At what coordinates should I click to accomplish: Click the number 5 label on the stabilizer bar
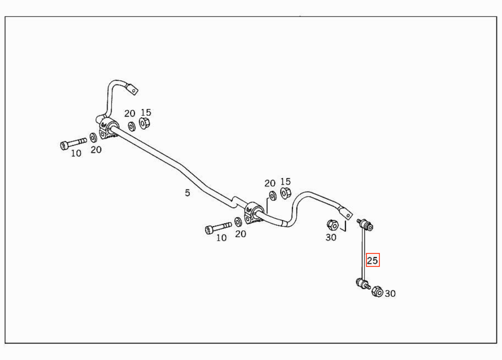[187, 193]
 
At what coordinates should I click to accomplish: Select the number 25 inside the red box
[372, 260]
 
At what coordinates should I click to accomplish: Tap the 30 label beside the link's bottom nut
[390, 294]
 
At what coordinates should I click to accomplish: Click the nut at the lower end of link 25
[377, 292]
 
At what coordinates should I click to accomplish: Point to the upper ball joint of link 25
[366, 225]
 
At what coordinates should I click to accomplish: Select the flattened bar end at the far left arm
[132, 89]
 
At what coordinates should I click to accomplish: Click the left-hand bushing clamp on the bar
[108, 128]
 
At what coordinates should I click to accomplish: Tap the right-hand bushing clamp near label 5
[254, 213]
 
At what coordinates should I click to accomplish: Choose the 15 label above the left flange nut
[146, 112]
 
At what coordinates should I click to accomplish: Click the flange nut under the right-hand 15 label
[286, 193]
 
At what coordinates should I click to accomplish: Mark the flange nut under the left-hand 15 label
[144, 123]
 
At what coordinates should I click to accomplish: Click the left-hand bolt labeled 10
[74, 143]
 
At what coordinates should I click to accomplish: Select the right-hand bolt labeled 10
[218, 228]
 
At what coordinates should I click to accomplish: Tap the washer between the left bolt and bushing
[93, 138]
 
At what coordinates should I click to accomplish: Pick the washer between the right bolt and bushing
[238, 222]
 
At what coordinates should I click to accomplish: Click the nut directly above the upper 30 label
[333, 225]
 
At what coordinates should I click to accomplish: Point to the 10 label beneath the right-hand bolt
[221, 237]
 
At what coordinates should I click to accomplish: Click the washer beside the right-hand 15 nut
[272, 196]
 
